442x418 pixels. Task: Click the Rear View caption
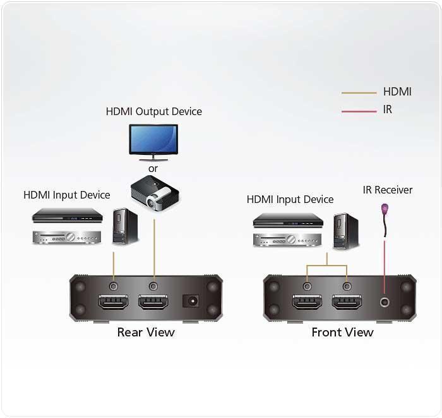(x=146, y=332)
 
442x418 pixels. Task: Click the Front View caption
(x=342, y=332)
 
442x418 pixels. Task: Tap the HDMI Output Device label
(x=154, y=111)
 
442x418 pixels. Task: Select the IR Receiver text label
(x=388, y=190)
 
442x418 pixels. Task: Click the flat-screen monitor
(x=153, y=142)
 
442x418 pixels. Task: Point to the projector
(x=155, y=194)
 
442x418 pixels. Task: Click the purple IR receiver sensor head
(x=385, y=209)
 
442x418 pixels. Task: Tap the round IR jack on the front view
(x=385, y=302)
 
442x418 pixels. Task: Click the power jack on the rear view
(x=191, y=301)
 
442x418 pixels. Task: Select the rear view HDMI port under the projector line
(x=153, y=302)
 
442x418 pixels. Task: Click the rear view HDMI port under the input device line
(x=113, y=302)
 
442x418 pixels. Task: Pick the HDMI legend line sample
(x=359, y=93)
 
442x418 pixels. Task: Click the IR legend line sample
(x=359, y=111)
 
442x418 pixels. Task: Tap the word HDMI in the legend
(x=397, y=92)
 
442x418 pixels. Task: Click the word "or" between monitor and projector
(x=153, y=169)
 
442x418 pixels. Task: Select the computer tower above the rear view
(x=125, y=226)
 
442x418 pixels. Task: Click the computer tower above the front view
(x=346, y=231)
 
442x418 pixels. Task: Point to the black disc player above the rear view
(x=68, y=216)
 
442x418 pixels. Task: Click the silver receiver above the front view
(x=287, y=240)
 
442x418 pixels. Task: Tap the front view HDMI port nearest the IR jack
(x=347, y=302)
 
